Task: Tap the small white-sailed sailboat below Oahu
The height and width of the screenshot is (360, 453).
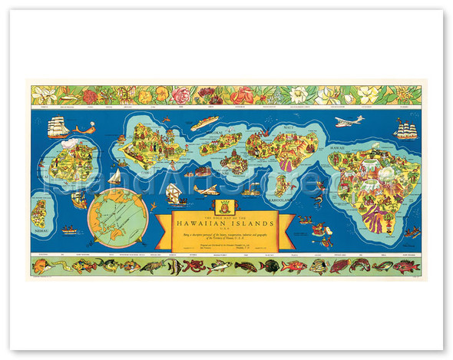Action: (114, 177)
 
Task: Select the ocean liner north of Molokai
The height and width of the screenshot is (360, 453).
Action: (204, 123)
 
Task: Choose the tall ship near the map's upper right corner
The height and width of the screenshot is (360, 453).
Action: (405, 130)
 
